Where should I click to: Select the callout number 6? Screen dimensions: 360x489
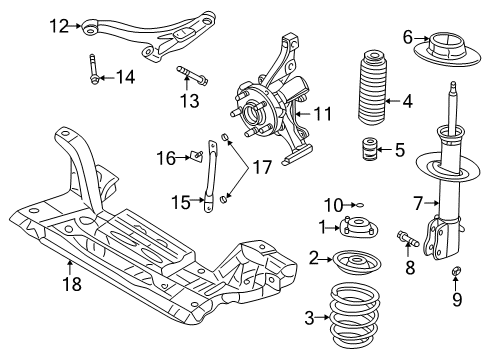[x=407, y=37]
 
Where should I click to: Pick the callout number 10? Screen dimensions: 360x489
[x=338, y=205]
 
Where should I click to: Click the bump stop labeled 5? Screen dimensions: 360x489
[x=365, y=153]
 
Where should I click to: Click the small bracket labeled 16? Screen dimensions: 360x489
[x=199, y=155]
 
